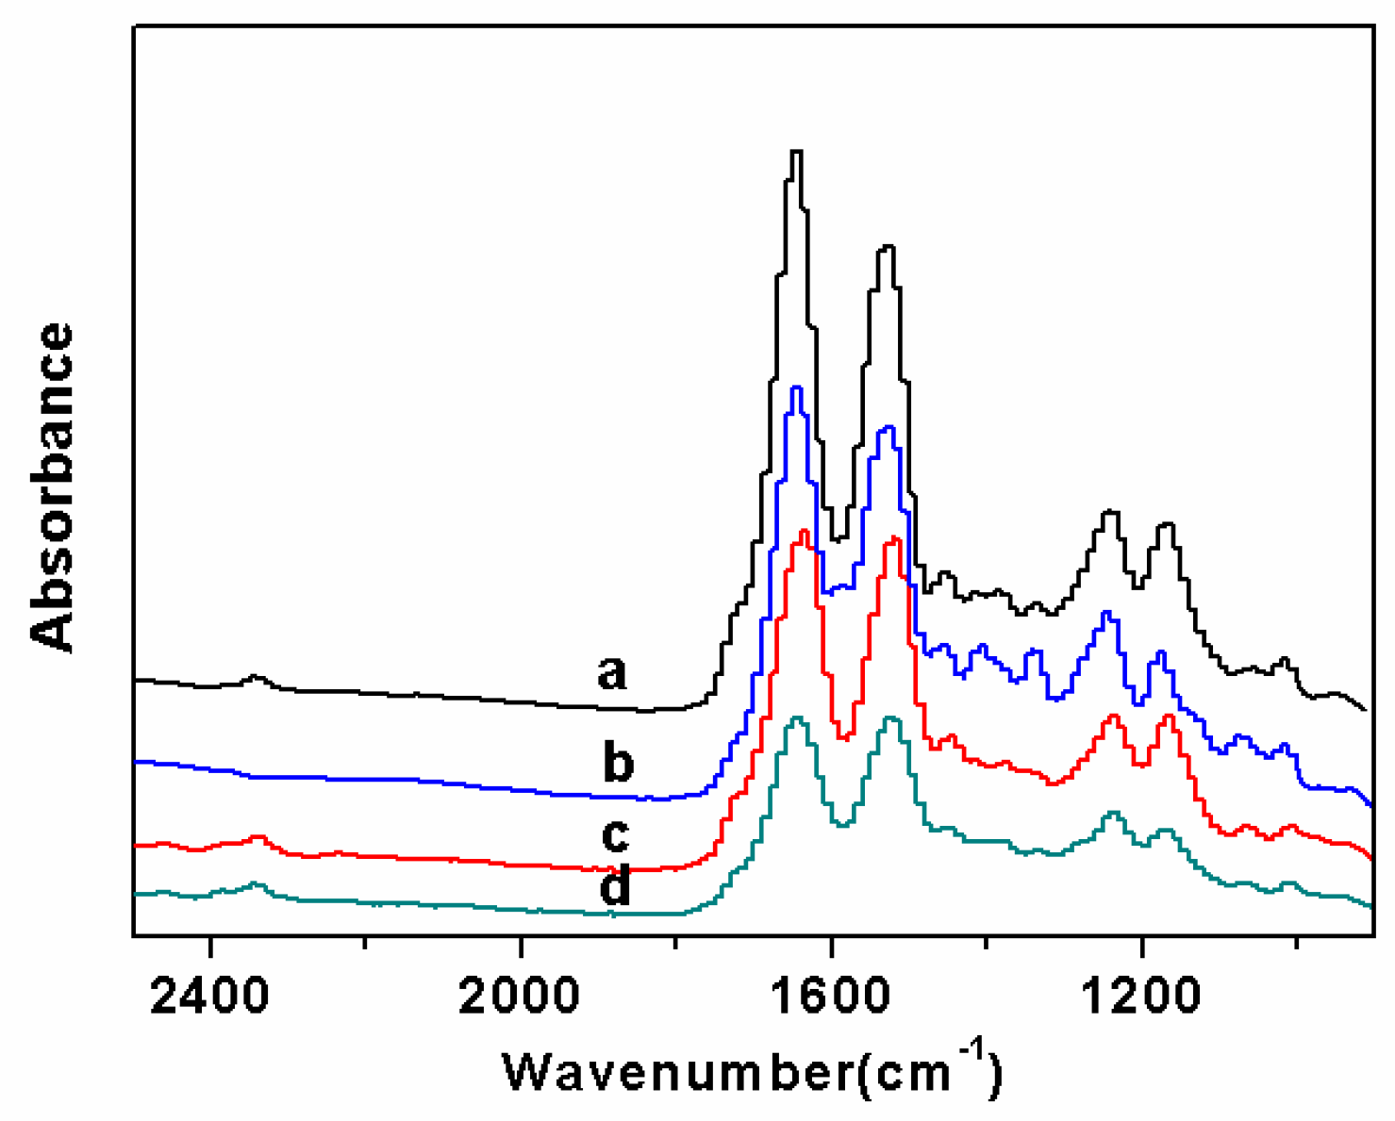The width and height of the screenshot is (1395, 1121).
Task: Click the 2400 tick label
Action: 209,996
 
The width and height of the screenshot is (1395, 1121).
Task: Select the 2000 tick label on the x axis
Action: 520,996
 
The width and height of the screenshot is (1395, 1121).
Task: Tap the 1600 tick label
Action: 831,996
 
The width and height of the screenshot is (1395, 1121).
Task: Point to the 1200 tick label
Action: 1141,996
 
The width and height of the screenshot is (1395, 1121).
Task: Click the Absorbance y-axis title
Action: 52,486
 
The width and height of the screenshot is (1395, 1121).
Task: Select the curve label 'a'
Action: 612,673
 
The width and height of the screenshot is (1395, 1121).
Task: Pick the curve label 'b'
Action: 618,762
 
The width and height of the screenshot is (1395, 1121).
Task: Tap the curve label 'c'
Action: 615,834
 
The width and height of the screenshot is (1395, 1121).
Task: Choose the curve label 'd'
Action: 616,886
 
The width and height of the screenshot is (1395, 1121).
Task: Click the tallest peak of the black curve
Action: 796,152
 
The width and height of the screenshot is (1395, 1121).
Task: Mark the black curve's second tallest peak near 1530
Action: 887,247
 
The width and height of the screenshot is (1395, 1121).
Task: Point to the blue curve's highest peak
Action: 797,387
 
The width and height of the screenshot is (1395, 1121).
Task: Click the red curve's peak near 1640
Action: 804,532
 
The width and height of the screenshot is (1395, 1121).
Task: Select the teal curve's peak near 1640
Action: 798,718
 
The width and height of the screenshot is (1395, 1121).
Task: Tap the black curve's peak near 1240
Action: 1111,512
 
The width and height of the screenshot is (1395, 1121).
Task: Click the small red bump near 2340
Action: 257,836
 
